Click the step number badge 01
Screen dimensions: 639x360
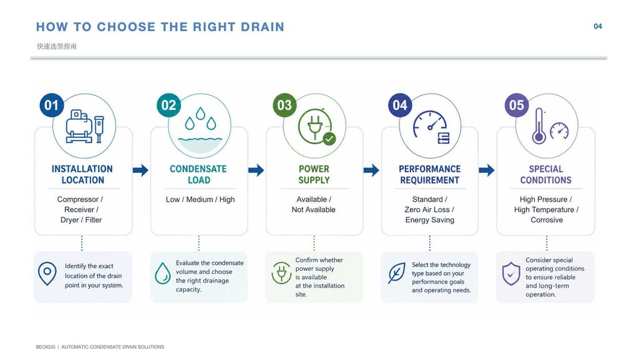(51, 105)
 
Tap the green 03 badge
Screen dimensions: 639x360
(285, 105)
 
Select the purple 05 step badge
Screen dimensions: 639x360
(516, 105)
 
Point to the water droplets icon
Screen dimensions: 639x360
(200, 119)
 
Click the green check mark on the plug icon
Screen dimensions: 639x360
(329, 139)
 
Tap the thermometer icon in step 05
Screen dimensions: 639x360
(539, 126)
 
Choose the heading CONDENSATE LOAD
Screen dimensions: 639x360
(198, 174)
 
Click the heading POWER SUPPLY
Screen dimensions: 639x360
(314, 174)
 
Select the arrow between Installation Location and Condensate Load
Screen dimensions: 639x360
(140, 170)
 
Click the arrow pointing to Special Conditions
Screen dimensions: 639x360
(487, 170)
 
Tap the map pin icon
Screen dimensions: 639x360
(47, 273)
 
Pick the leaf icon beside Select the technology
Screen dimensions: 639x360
(396, 273)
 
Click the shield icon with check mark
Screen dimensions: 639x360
(511, 274)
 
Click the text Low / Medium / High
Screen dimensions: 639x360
(200, 200)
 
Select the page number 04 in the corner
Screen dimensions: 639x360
(598, 26)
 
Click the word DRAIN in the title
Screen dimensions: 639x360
(263, 27)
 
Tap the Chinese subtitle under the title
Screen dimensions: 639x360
(57, 46)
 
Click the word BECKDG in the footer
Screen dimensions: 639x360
(45, 347)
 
